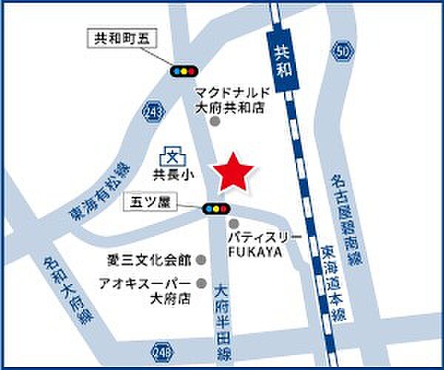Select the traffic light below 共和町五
[184, 71]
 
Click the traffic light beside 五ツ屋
[216, 209]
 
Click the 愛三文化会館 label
[147, 260]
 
